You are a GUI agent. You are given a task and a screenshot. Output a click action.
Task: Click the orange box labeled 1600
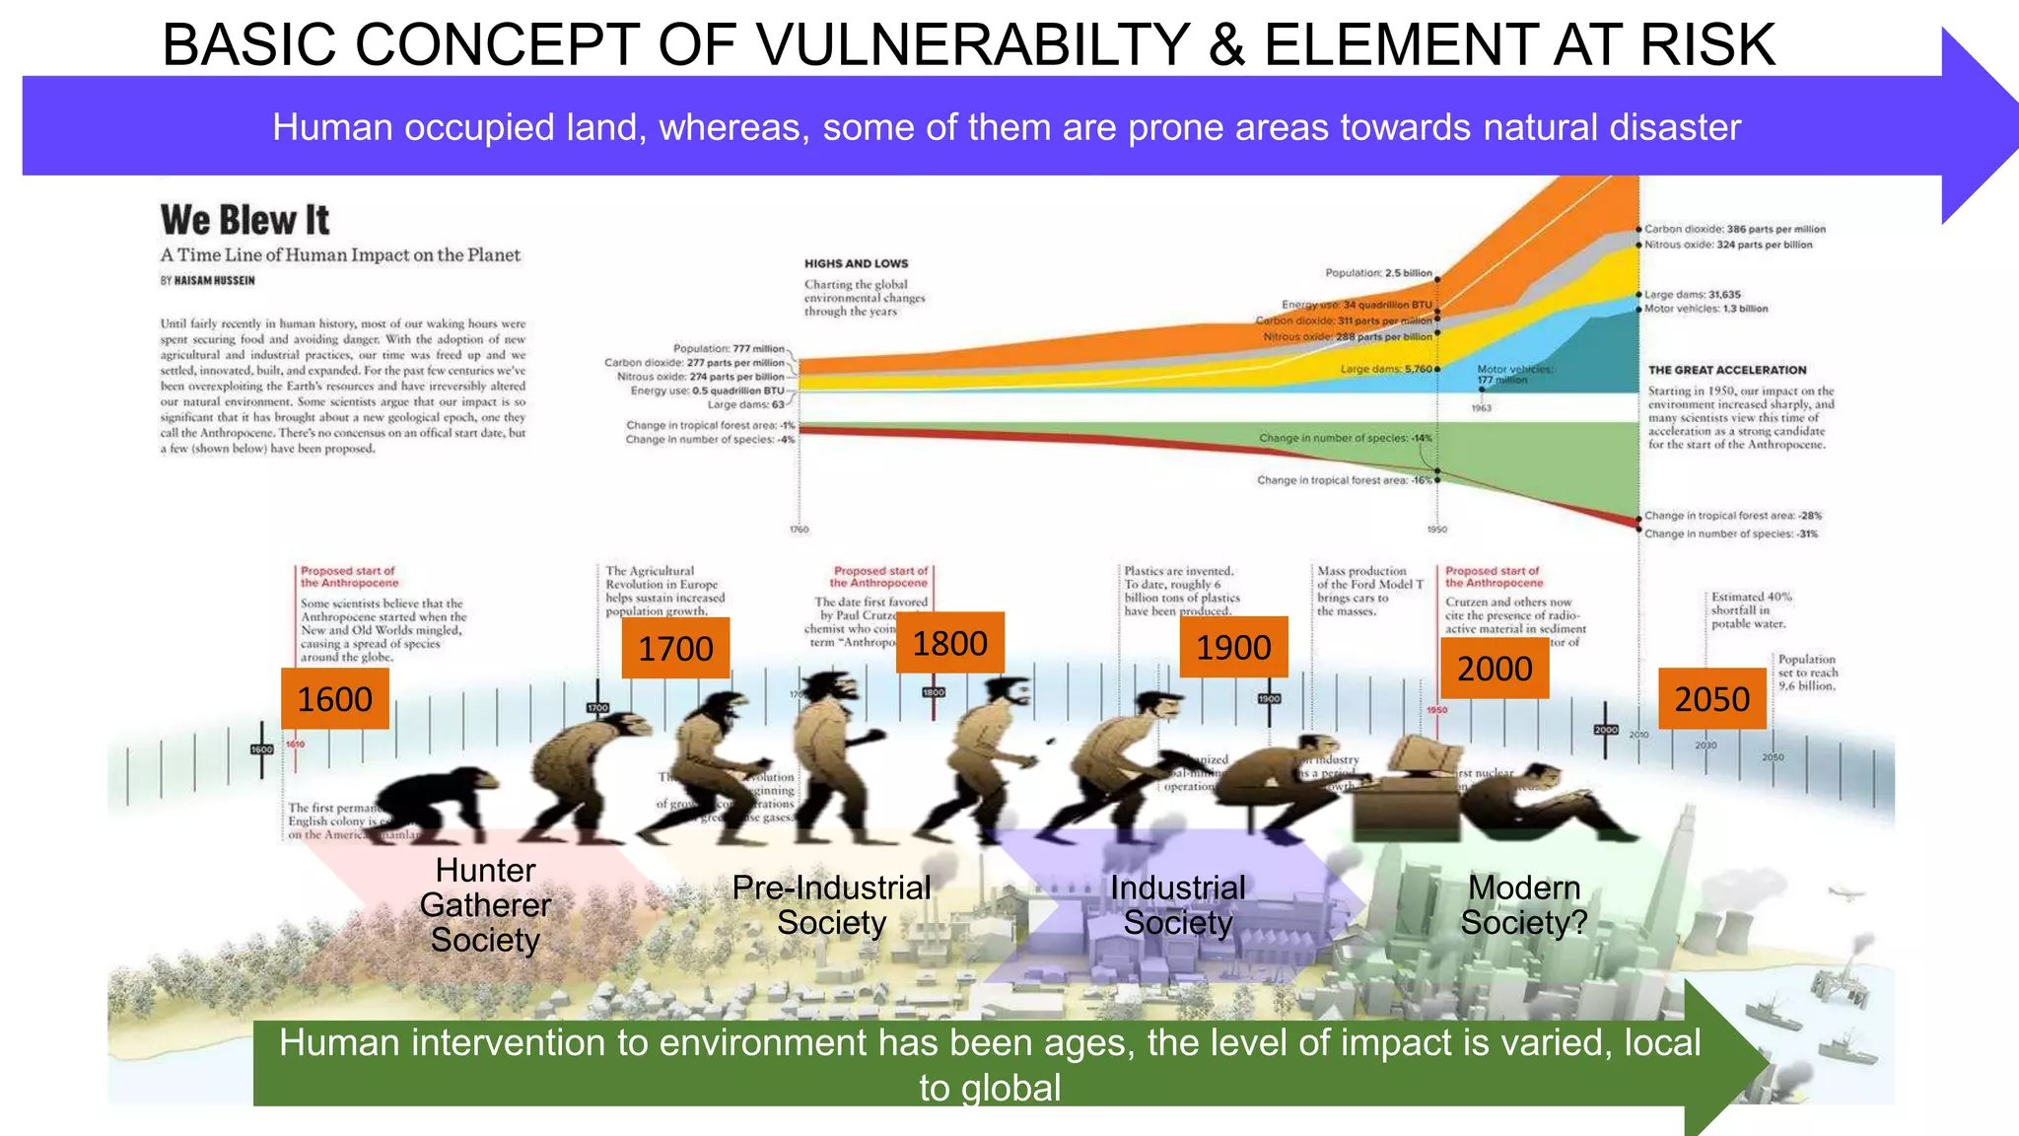tap(334, 699)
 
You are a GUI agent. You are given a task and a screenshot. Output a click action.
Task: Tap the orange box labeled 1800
tap(949, 643)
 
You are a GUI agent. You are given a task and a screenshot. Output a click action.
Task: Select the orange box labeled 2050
tap(1711, 699)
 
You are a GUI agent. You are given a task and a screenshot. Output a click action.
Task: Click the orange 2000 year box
tap(1495, 669)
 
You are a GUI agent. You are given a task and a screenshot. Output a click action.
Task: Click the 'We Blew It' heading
tap(244, 220)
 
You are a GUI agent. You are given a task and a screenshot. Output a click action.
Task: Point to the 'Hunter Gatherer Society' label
tap(485, 905)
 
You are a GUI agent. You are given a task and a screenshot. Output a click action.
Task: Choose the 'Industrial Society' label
tap(1178, 905)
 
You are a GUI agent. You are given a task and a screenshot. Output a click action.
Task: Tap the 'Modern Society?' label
tap(1524, 905)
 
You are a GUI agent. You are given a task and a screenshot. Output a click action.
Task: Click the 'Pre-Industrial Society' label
tap(831, 905)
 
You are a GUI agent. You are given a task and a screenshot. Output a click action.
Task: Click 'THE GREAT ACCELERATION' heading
tap(1727, 371)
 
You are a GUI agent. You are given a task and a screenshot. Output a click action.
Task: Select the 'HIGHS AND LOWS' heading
tap(856, 263)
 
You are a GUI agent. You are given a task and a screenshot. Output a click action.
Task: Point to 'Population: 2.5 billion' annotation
tap(1378, 273)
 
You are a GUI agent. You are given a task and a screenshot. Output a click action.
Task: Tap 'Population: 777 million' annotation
tap(729, 348)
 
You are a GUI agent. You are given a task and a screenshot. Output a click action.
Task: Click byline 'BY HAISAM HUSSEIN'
tap(207, 281)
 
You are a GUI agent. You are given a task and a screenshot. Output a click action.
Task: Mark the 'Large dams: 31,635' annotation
tap(1692, 295)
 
